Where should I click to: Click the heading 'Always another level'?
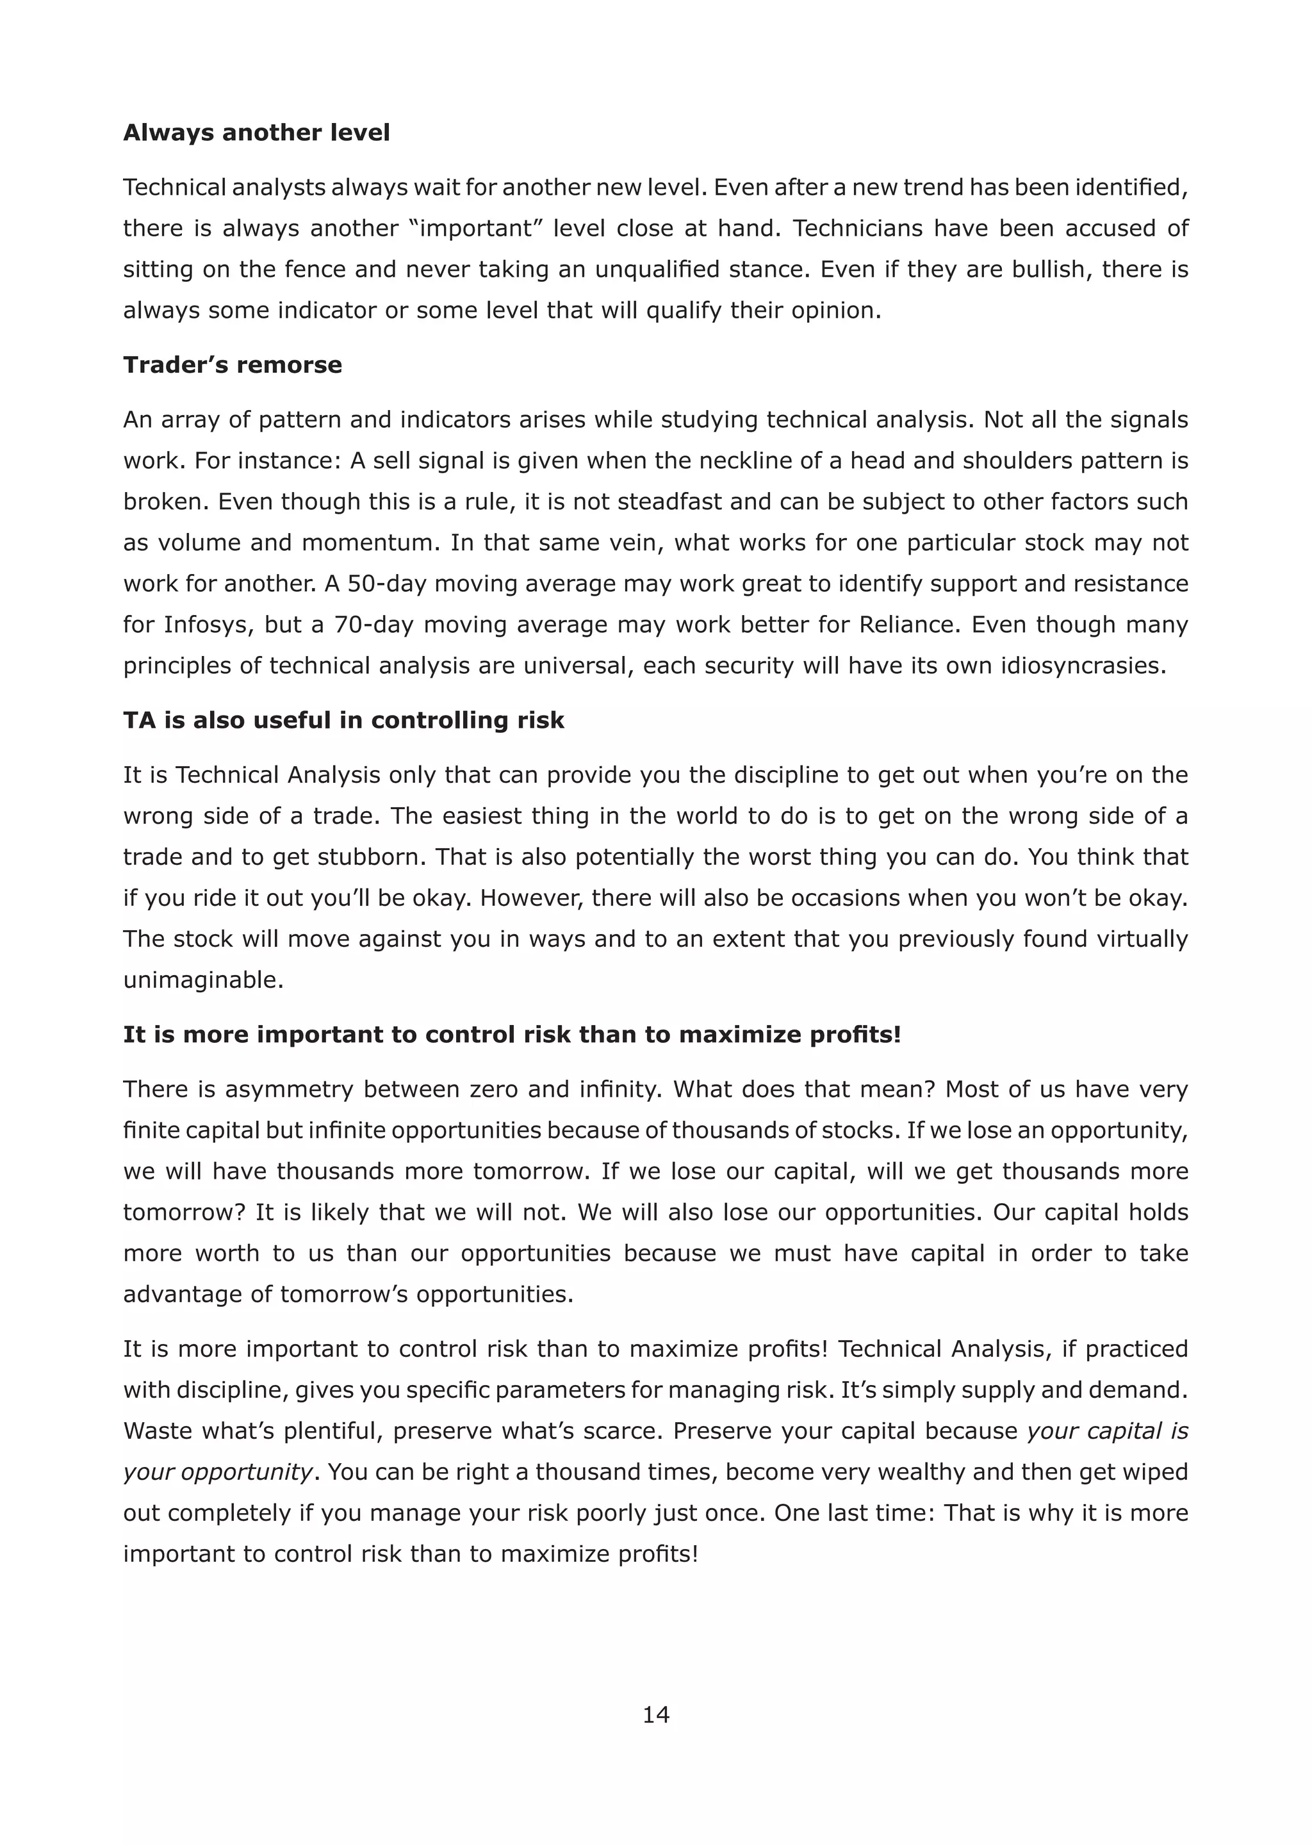click(x=256, y=133)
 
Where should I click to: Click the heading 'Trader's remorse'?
click(x=233, y=365)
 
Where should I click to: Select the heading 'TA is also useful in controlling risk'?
click(x=343, y=720)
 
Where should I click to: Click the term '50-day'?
click(x=384, y=583)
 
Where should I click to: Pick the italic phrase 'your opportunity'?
click(x=217, y=1472)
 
